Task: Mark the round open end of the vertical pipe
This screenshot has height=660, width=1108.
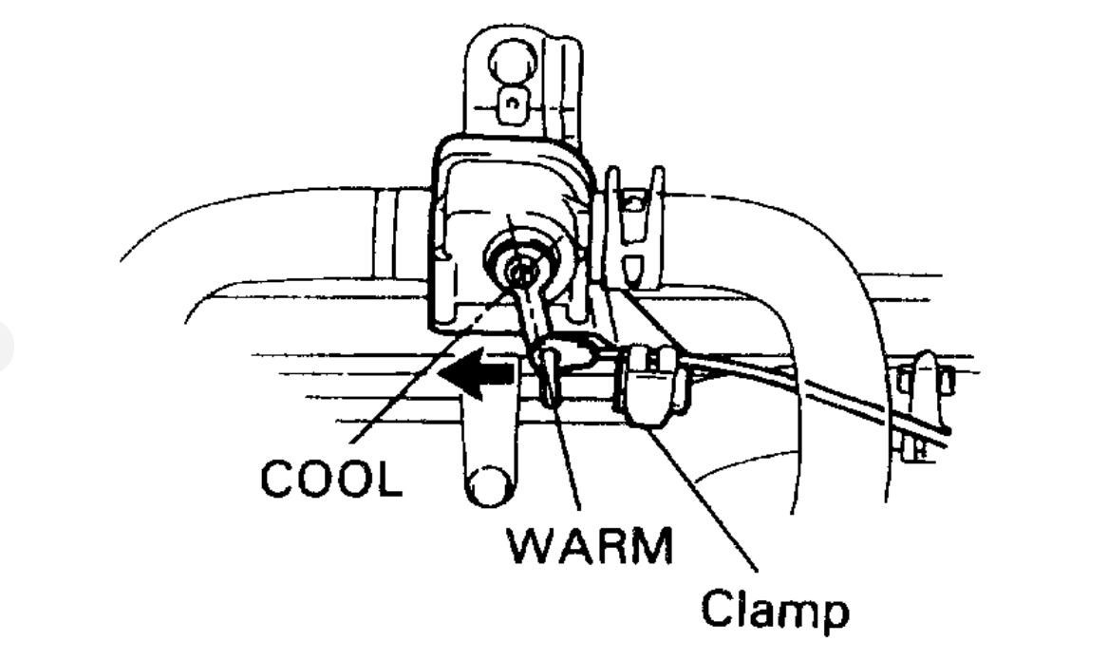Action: [x=489, y=485]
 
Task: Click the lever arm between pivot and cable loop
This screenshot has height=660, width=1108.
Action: [x=535, y=313]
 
